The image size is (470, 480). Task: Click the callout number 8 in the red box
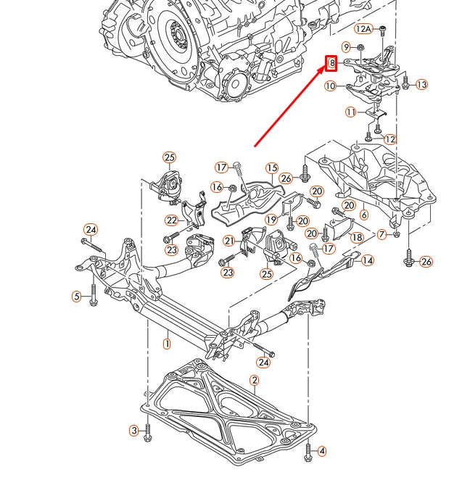331,63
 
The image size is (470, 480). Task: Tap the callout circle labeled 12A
363,29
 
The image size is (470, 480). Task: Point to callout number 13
421,85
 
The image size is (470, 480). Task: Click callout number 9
347,47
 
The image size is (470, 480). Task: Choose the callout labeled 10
331,86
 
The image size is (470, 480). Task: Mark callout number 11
351,112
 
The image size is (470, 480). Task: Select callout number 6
363,215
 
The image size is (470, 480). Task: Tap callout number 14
368,260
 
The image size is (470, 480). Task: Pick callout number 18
357,237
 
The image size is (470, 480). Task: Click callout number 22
171,220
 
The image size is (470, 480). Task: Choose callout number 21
228,241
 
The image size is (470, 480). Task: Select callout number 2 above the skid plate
255,380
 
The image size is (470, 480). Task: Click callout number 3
134,431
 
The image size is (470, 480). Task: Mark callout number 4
322,451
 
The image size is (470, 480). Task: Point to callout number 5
76,296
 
